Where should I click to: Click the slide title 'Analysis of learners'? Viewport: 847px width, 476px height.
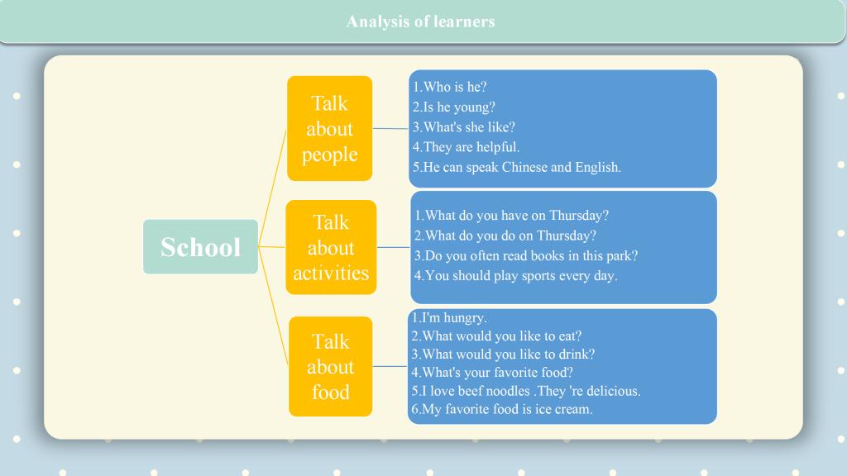pyautogui.click(x=420, y=21)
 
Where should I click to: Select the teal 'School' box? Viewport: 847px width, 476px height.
pyautogui.click(x=200, y=246)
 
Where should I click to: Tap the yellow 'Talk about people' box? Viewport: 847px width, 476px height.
pyautogui.click(x=329, y=128)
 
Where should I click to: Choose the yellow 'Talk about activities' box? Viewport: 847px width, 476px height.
pyautogui.click(x=331, y=247)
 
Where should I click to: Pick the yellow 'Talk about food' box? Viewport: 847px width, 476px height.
pyautogui.click(x=331, y=366)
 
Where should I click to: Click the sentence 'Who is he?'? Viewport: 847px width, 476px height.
pyautogui.click(x=450, y=87)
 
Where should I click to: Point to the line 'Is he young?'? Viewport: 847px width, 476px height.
pyautogui.click(x=454, y=107)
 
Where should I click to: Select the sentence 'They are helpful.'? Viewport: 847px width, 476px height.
pyautogui.click(x=467, y=147)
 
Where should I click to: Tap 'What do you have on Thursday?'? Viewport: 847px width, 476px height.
pyautogui.click(x=511, y=216)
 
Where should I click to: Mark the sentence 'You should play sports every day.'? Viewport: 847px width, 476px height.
pyautogui.click(x=516, y=276)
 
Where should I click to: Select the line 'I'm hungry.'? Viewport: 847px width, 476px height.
pyautogui.click(x=449, y=318)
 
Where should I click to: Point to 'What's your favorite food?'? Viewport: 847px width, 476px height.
pyautogui.click(x=492, y=373)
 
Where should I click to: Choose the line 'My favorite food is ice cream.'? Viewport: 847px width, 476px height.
pyautogui.click(x=502, y=409)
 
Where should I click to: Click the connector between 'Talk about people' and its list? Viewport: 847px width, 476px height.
pyautogui.click(x=390, y=128)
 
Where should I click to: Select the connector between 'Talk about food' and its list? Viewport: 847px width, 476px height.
pyautogui.click(x=390, y=366)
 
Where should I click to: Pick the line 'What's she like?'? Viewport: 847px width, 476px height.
pyautogui.click(x=464, y=126)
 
